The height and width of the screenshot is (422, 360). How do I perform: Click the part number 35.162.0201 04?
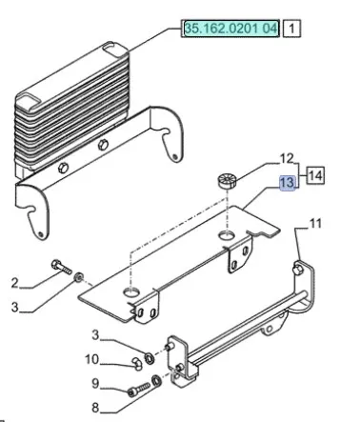click(x=230, y=29)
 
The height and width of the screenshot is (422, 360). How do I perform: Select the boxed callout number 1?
click(x=291, y=29)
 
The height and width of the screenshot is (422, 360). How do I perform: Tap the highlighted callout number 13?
click(x=288, y=183)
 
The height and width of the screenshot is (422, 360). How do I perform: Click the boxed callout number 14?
click(x=315, y=175)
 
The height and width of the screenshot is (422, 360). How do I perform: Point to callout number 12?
click(x=287, y=158)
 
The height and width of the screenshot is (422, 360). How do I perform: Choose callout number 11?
click(x=315, y=224)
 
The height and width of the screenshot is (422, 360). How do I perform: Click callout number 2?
click(x=14, y=283)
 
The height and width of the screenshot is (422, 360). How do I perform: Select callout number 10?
click(x=92, y=359)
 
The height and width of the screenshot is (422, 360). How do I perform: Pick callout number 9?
click(x=95, y=383)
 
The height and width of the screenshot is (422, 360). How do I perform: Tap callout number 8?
click(x=95, y=407)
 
